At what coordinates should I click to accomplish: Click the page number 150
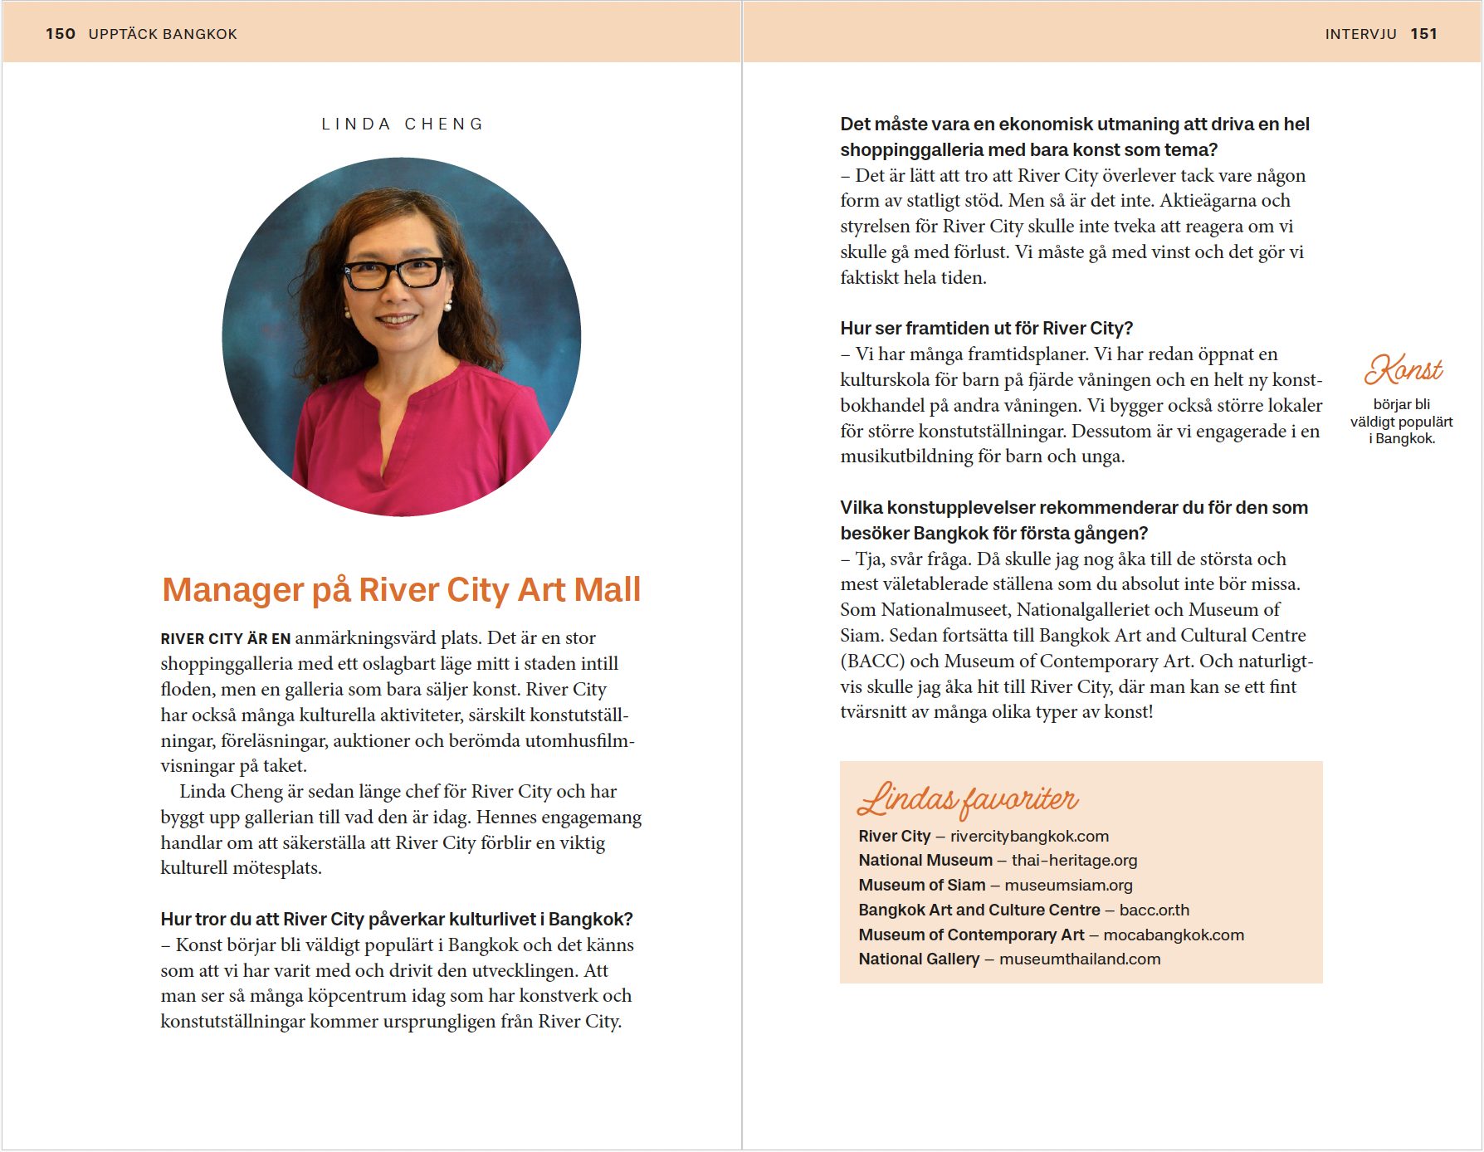[x=60, y=34]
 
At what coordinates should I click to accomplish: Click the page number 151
[x=1423, y=34]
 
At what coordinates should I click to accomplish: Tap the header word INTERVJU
[x=1360, y=34]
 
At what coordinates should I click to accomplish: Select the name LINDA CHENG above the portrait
[x=403, y=124]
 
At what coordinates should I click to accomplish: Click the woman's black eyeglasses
[x=396, y=273]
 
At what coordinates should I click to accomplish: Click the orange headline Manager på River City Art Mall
[x=401, y=589]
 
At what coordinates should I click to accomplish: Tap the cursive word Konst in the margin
[x=1403, y=370]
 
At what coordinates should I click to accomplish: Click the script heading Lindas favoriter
[x=968, y=798]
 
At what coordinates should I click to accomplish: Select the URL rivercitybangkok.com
[x=1029, y=836]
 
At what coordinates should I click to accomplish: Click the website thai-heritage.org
[x=1074, y=861]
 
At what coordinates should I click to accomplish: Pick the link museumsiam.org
[x=1068, y=886]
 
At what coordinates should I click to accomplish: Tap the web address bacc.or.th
[x=1154, y=910]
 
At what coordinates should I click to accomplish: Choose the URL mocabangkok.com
[x=1174, y=935]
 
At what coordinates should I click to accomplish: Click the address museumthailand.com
[x=1080, y=959]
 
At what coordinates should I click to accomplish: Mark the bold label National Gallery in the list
[x=919, y=959]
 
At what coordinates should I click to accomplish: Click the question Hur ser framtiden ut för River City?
[x=986, y=329]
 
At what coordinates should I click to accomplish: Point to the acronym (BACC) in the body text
[x=872, y=661]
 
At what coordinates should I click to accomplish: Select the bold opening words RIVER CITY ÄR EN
[x=225, y=639]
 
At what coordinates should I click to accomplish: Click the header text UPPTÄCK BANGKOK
[x=163, y=34]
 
